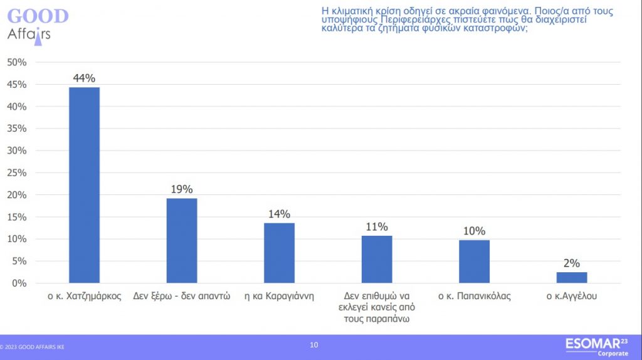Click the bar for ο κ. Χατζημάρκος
click(x=84, y=185)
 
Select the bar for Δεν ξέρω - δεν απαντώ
click(x=182, y=240)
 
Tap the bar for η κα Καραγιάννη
click(x=279, y=253)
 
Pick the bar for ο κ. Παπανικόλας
click(x=474, y=261)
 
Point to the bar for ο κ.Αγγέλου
click(x=572, y=277)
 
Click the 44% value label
click(x=84, y=78)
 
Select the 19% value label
click(x=182, y=189)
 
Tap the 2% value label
click(x=572, y=263)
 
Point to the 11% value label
click(x=377, y=226)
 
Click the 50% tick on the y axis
click(x=17, y=62)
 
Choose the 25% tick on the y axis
click(x=17, y=172)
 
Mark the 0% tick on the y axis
click(x=19, y=283)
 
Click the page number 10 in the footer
click(x=314, y=344)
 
